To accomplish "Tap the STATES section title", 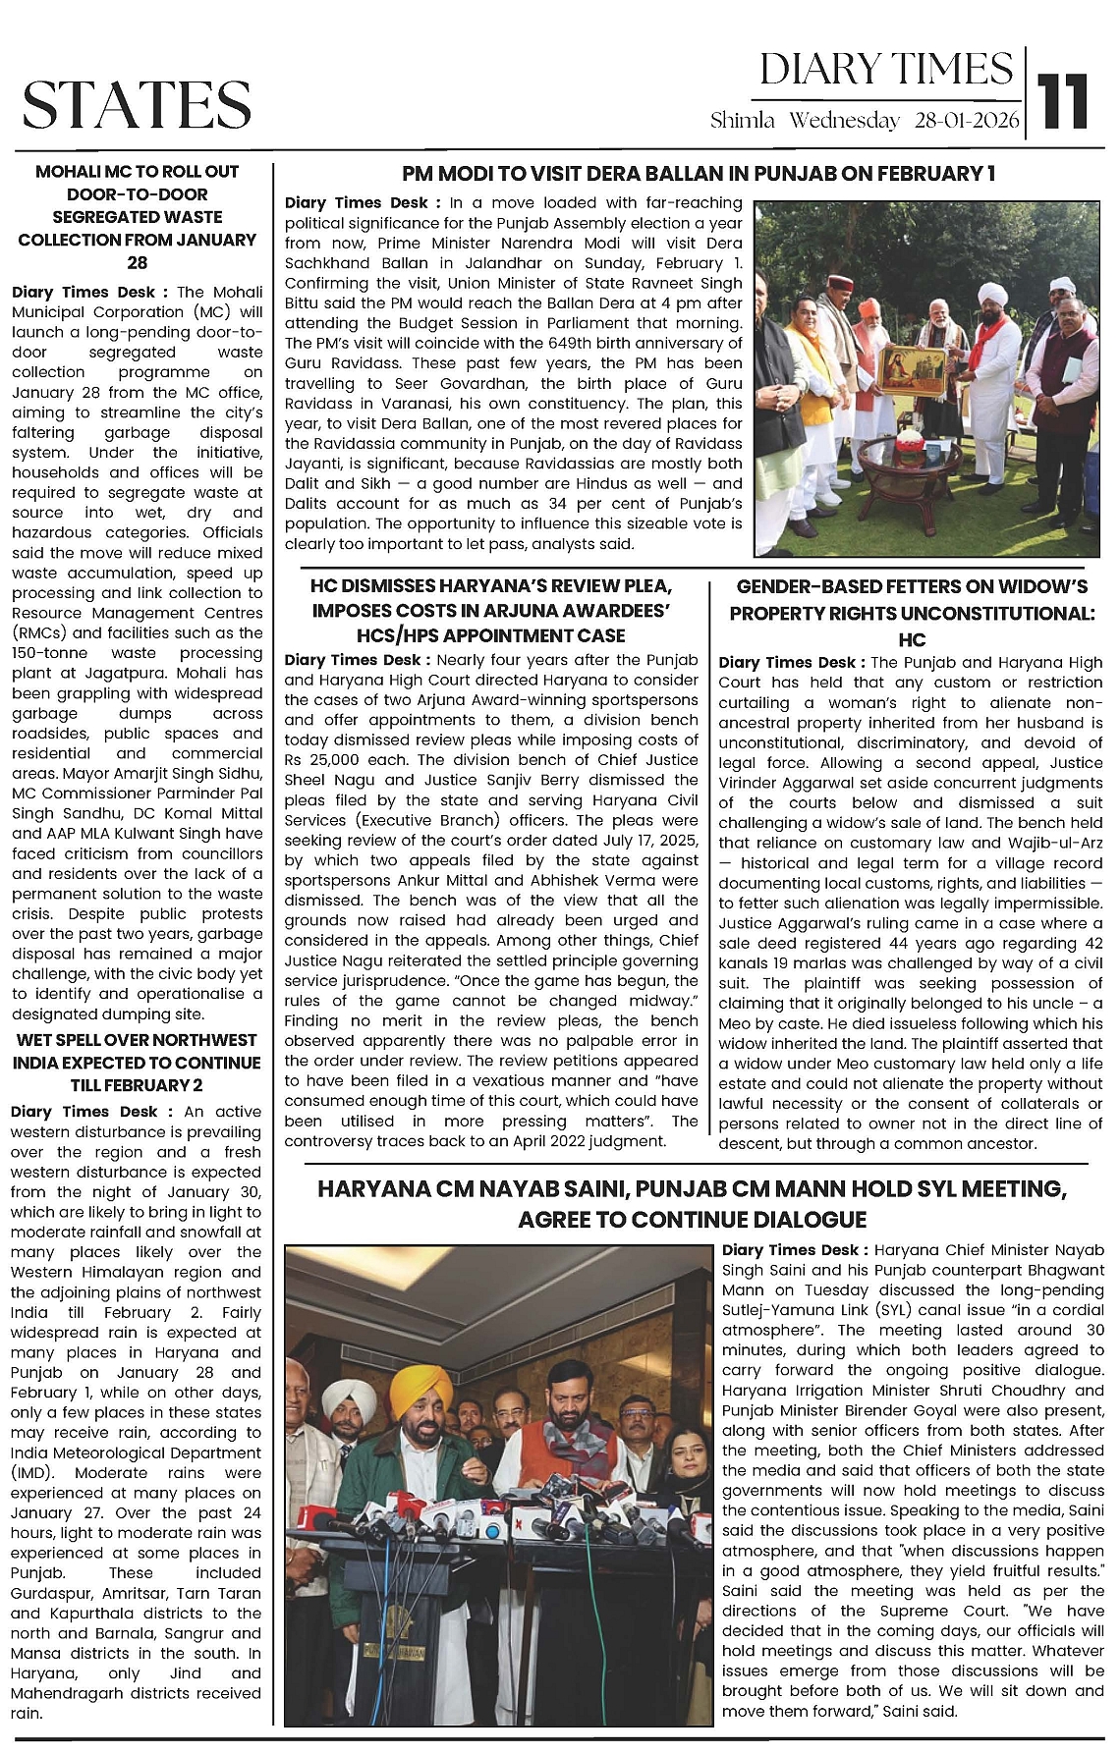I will tap(137, 104).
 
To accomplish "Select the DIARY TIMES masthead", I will tap(885, 70).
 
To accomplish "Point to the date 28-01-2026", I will tap(967, 121).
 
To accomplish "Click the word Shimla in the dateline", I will tap(742, 121).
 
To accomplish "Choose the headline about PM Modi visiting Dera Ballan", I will tap(699, 174).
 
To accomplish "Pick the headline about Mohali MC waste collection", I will tap(138, 216).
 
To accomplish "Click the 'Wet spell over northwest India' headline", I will tap(137, 1063).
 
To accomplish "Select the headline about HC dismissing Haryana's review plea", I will tap(491, 611).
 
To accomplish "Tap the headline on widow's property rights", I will tap(912, 613).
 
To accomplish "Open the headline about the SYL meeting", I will tap(692, 1204).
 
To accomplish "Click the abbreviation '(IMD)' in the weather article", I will tap(33, 1473).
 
